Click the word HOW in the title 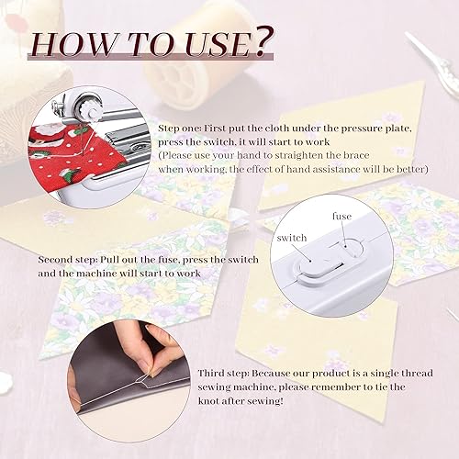81,43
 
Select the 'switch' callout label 292,239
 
